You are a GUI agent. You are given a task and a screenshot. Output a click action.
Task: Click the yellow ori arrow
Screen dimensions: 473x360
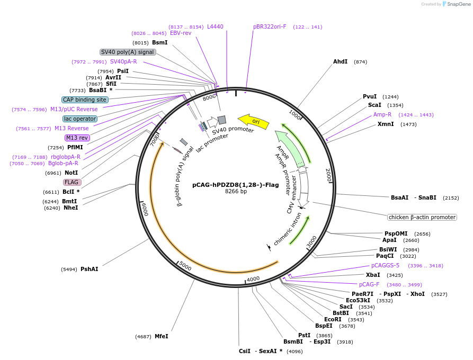coord(253,121)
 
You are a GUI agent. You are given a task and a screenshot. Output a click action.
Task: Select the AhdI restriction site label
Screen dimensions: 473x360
coord(340,61)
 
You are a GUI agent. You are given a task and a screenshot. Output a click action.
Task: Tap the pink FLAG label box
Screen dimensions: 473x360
coord(72,182)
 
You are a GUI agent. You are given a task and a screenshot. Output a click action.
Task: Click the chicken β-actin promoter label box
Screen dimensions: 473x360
coord(422,217)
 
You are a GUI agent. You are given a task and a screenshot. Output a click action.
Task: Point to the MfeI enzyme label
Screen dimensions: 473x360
coord(162,336)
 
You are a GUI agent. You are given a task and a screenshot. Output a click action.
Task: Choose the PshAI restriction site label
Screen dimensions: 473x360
coord(90,269)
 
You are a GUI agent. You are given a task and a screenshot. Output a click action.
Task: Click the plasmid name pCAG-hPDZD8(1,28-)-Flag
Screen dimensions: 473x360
coord(236,185)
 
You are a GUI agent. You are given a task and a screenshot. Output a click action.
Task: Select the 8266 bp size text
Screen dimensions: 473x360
coord(236,191)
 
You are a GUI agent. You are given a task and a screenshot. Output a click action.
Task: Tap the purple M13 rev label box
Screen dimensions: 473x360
coord(77,138)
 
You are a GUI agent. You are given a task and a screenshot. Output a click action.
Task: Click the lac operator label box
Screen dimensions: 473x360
coord(80,119)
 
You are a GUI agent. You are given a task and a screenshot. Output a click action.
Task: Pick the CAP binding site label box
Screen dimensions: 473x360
coord(85,100)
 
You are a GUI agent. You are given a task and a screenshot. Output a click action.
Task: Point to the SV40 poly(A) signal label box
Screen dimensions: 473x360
coord(128,52)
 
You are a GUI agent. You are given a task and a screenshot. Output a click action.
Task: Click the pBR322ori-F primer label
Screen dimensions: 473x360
coord(270,26)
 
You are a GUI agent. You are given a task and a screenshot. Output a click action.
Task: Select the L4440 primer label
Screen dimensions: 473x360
coord(216,26)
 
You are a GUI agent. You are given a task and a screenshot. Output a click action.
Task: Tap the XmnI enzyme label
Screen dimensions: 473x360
coord(386,124)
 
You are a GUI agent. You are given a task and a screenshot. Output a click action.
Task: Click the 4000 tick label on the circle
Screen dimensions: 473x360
coord(253,279)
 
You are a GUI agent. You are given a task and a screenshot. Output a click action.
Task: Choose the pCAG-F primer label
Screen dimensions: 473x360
coord(369,284)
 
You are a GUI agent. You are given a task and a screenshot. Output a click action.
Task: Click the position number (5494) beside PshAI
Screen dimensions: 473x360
coord(69,269)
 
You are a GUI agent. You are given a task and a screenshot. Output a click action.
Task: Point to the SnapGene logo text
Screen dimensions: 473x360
coord(459,4)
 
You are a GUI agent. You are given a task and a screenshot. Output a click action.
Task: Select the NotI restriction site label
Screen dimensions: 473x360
coord(71,173)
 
